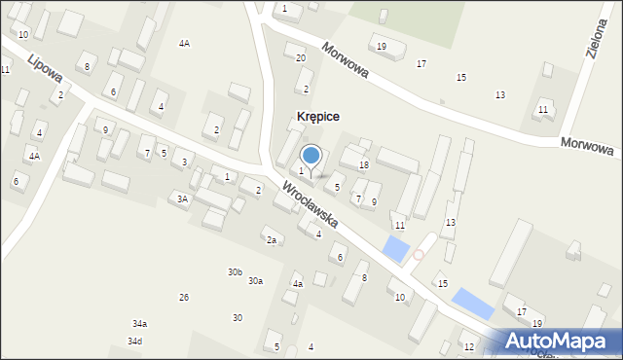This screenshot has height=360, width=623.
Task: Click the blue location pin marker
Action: [x=311, y=155]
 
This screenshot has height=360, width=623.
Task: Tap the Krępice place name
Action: [x=317, y=117]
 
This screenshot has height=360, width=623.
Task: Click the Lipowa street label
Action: [x=45, y=69]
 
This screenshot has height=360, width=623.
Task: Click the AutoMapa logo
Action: [x=561, y=341]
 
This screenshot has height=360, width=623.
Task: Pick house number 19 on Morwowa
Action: [x=381, y=47]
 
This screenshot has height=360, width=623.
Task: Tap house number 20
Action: [x=300, y=58]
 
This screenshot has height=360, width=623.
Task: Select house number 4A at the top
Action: [x=184, y=44]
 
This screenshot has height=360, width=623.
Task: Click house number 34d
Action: [x=134, y=341]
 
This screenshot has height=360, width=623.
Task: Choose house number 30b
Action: [x=235, y=272]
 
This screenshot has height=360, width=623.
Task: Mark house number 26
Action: [x=184, y=297]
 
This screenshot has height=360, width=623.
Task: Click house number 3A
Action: [x=181, y=198]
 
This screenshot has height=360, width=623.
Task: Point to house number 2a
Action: [x=273, y=240]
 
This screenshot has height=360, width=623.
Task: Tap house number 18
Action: [x=363, y=165]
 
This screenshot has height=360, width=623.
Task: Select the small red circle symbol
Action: [x=419, y=255]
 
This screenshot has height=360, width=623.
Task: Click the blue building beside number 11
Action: [x=397, y=249]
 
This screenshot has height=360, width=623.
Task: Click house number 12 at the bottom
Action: [x=468, y=346]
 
